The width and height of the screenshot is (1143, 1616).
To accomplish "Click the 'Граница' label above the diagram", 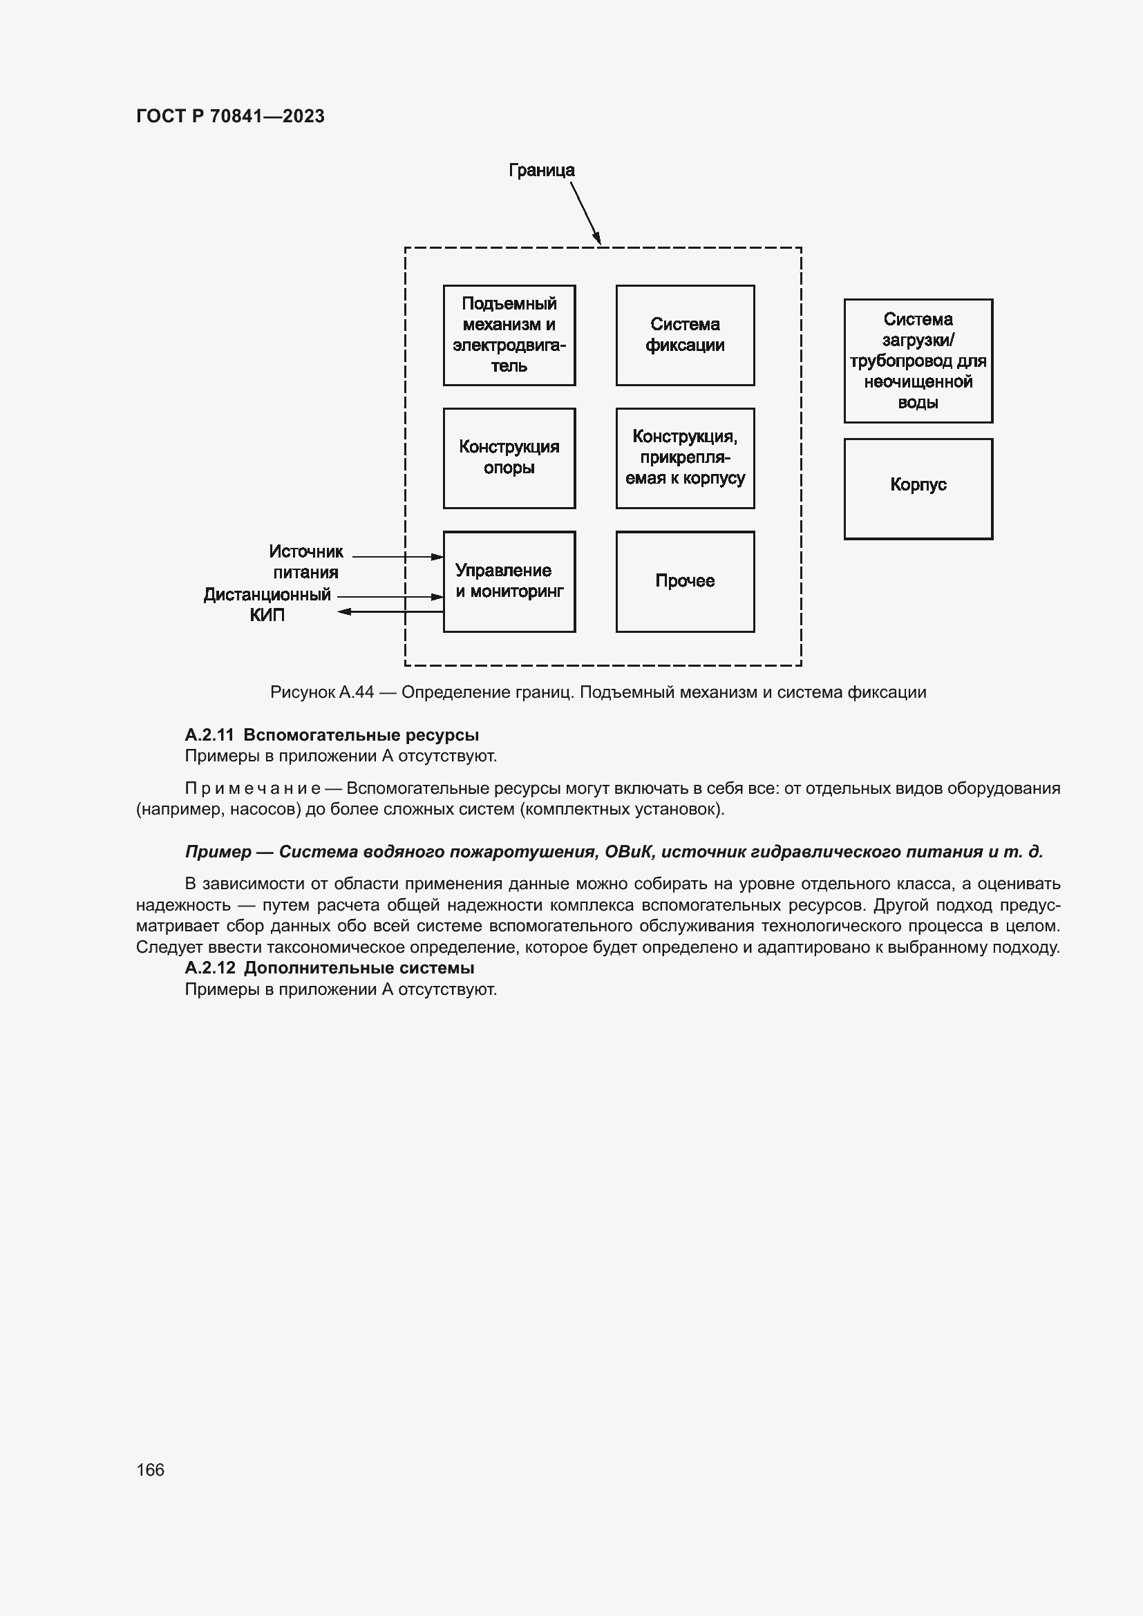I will [x=541, y=171].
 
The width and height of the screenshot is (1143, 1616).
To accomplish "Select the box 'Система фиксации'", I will [x=685, y=335].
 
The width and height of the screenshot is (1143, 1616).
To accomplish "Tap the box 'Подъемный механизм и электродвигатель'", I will [x=509, y=335].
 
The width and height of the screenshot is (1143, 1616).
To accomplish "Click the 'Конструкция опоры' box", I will [x=509, y=457].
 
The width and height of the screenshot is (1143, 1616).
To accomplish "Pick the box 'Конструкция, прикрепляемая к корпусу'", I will [x=685, y=457].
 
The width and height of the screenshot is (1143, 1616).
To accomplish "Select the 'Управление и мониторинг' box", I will [x=509, y=581].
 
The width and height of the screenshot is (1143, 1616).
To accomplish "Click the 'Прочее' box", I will [x=685, y=581].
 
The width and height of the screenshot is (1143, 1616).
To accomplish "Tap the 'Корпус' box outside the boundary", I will [x=918, y=488].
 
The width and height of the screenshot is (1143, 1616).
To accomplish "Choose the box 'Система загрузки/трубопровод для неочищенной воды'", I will [x=918, y=361].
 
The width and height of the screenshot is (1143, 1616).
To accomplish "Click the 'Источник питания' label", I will [x=305, y=562].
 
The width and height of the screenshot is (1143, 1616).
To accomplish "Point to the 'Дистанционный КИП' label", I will [x=267, y=605].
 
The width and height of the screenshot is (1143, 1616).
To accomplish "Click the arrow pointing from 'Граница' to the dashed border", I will [x=585, y=213].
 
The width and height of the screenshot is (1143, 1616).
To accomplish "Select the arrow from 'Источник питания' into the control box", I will [x=397, y=557].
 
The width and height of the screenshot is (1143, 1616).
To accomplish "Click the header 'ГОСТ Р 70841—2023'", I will [x=230, y=116].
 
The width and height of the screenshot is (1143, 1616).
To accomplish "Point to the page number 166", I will [x=150, y=1470].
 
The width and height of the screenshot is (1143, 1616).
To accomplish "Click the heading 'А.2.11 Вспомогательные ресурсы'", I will [x=332, y=735].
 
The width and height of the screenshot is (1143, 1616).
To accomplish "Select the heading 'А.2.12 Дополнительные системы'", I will [x=330, y=968].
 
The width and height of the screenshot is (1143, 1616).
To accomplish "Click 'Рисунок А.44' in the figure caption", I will [x=321, y=692].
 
